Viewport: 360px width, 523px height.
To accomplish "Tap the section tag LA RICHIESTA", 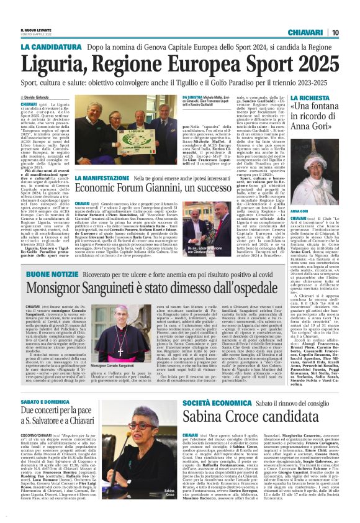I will (311, 98).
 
